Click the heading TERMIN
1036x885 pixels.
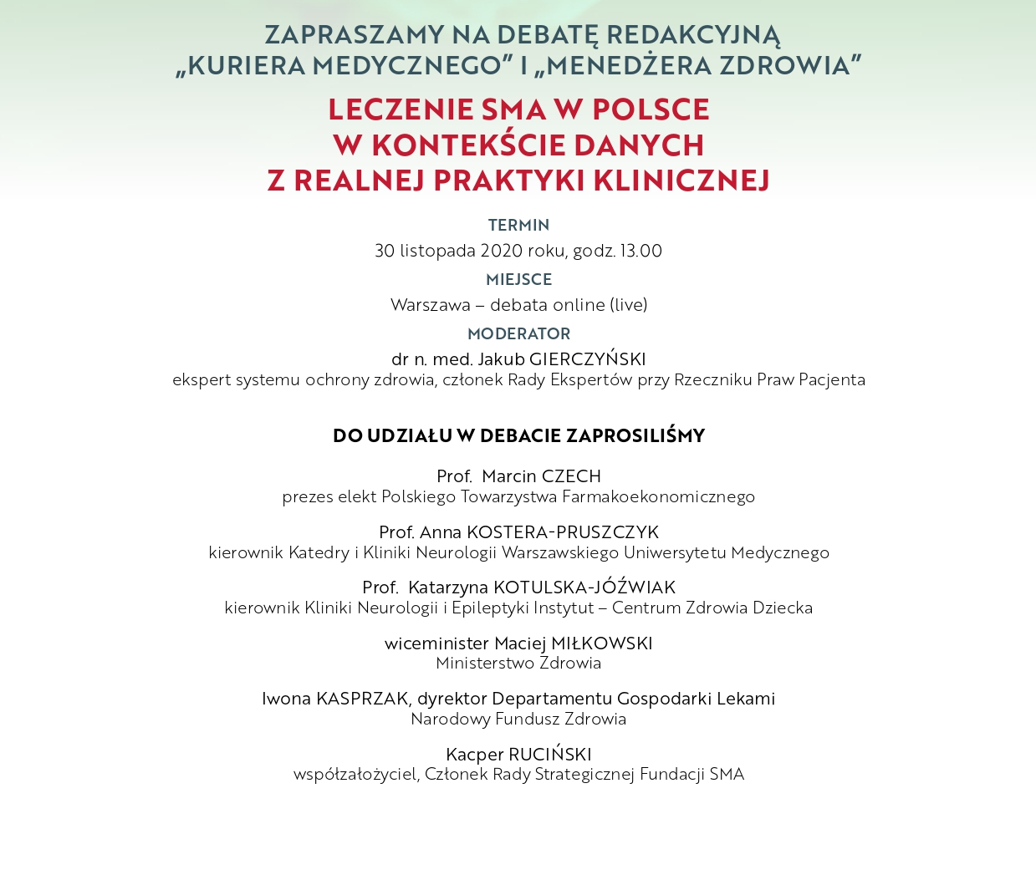(x=518, y=225)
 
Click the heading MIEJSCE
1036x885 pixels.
(x=518, y=279)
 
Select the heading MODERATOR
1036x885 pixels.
(x=518, y=333)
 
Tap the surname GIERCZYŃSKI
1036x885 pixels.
(x=587, y=359)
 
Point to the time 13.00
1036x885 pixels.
(x=640, y=251)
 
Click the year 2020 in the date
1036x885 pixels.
(x=501, y=251)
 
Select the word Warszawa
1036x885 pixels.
(x=430, y=305)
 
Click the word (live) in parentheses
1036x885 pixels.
(x=628, y=305)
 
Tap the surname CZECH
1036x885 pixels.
(x=571, y=476)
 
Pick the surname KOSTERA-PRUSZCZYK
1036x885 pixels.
(x=562, y=532)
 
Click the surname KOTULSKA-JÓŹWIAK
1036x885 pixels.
(x=584, y=587)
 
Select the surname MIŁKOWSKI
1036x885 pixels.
(x=602, y=643)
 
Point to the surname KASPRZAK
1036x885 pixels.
(x=361, y=699)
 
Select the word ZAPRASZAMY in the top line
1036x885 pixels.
(x=355, y=35)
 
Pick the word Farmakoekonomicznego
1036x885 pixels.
(x=658, y=496)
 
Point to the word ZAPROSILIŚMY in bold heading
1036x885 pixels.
(x=635, y=435)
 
